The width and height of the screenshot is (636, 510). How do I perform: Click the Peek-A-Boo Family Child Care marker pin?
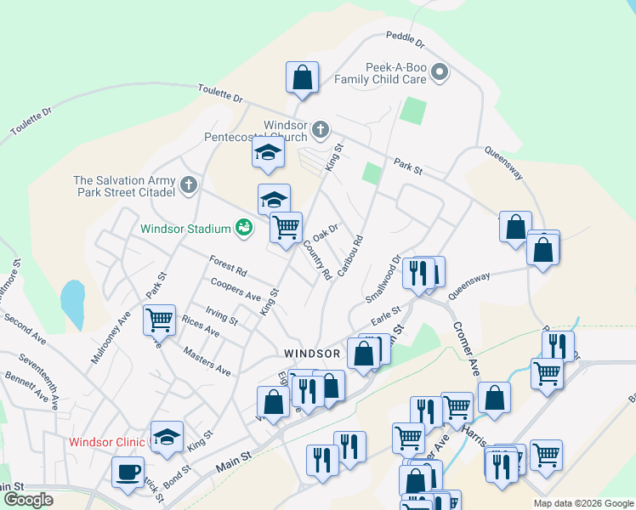(440, 71)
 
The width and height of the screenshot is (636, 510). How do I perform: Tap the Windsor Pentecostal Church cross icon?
(320, 130)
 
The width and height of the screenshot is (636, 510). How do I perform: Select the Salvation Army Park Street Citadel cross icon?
(188, 184)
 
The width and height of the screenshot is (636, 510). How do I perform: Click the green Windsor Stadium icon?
(244, 228)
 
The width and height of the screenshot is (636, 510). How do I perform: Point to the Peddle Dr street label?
(404, 38)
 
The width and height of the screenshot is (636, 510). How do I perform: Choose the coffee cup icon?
(128, 472)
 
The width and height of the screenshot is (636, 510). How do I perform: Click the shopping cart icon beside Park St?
(159, 320)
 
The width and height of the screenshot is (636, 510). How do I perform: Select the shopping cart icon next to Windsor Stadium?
(286, 227)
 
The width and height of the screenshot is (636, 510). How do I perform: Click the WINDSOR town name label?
(312, 353)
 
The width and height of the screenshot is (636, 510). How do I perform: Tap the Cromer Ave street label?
(467, 349)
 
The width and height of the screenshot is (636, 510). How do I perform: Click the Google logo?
(29, 500)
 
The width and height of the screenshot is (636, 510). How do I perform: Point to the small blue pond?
(72, 303)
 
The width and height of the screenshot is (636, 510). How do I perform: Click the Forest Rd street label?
(229, 266)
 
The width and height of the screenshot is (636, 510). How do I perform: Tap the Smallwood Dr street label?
(383, 280)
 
